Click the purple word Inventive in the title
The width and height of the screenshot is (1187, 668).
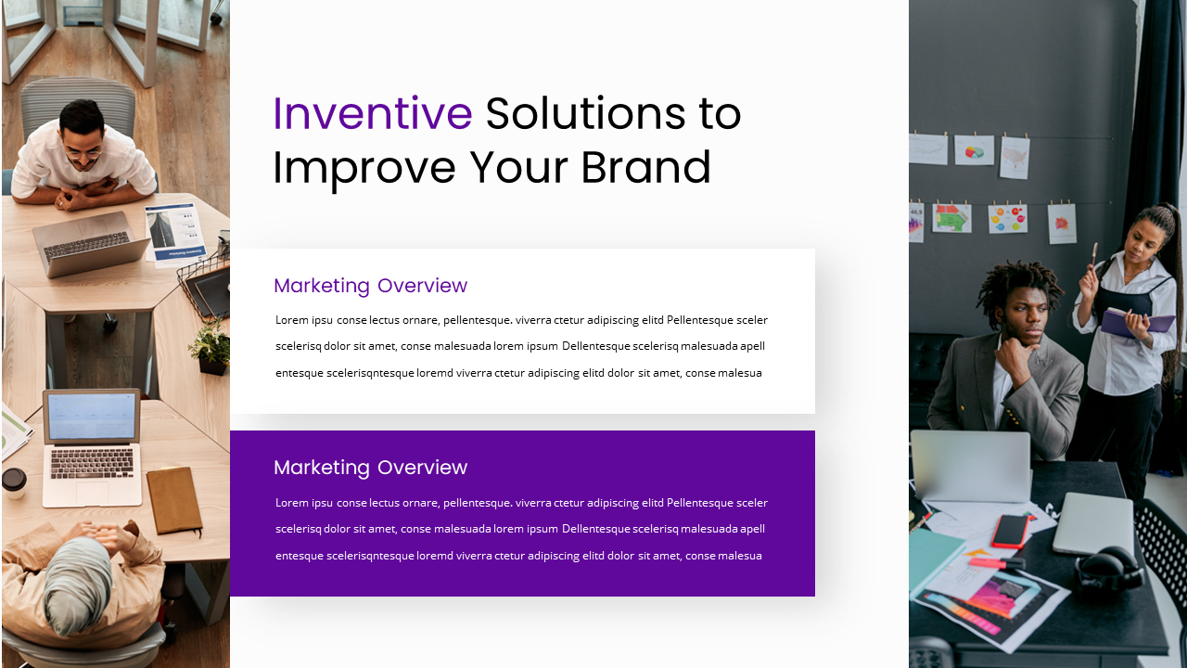[x=372, y=114]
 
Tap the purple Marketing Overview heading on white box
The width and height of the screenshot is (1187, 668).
[x=370, y=286]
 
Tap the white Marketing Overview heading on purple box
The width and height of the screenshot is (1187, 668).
[x=370, y=468]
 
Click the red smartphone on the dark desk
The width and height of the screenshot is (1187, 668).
[x=1009, y=531]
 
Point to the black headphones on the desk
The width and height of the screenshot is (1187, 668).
[x=1109, y=568]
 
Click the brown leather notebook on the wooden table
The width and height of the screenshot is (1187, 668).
[x=173, y=500]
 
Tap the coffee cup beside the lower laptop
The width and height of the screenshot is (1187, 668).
[x=14, y=482]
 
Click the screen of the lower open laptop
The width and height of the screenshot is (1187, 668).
[x=91, y=416]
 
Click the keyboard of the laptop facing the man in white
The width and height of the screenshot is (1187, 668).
[x=86, y=245]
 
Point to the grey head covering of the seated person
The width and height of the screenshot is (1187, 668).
[x=78, y=584]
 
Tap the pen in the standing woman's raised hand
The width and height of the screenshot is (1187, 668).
[x=1094, y=254]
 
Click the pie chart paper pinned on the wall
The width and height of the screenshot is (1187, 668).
[x=974, y=150]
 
